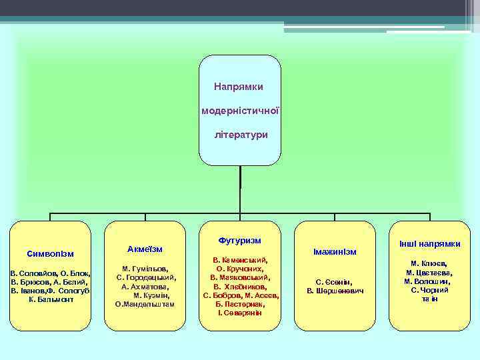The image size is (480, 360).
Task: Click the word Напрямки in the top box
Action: [x=239, y=87]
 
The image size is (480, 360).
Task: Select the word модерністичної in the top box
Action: [x=240, y=111]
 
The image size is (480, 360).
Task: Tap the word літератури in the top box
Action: [x=241, y=135]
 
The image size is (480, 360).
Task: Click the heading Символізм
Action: [x=51, y=254]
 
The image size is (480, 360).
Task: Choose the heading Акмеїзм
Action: [x=145, y=249]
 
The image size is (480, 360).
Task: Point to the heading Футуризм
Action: [x=239, y=239]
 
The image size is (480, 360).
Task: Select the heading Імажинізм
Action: [x=335, y=251]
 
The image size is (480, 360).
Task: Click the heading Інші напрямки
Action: [x=430, y=243]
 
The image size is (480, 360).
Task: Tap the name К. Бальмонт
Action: [x=51, y=300]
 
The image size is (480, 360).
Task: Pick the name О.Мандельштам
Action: [x=145, y=304]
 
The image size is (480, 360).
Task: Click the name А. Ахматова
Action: [x=145, y=286]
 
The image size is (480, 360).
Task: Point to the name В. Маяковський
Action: [x=239, y=277]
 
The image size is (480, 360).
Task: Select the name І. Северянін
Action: [x=240, y=313]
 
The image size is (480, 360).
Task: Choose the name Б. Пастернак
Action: [x=240, y=304]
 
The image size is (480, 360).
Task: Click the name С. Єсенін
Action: [x=334, y=282]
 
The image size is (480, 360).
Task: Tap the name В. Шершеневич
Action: [x=335, y=291]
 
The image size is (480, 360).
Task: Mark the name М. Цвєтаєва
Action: [x=429, y=272]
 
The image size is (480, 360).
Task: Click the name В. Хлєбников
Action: [x=240, y=286]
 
